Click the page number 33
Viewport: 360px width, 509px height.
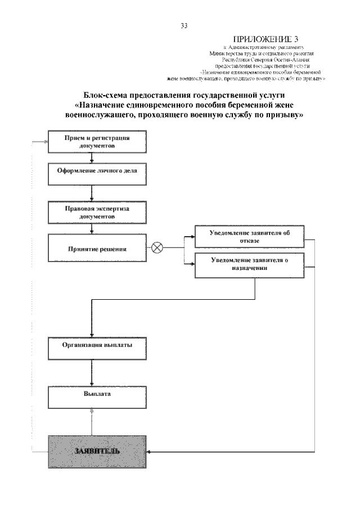(x=184, y=26)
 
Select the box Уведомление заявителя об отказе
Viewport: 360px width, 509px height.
(x=250, y=236)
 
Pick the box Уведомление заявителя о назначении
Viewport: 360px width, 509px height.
(x=250, y=265)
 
